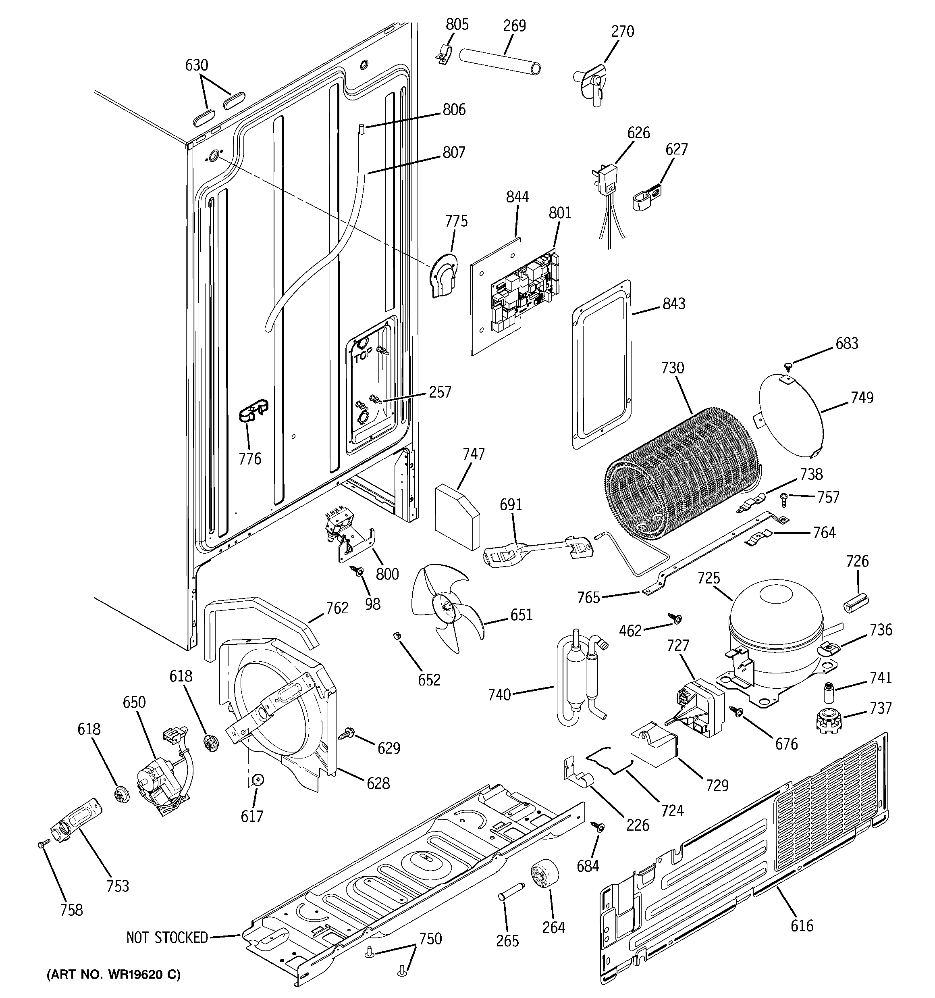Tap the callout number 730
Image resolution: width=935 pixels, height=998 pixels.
[673, 368]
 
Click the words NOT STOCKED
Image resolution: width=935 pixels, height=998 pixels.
[167, 937]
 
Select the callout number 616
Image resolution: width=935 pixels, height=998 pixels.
[802, 925]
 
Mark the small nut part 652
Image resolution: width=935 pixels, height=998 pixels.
[395, 637]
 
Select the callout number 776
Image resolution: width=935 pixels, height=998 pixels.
[250, 458]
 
